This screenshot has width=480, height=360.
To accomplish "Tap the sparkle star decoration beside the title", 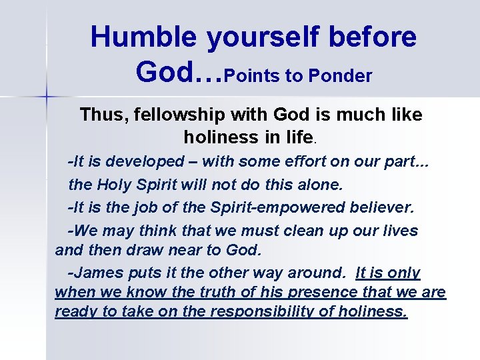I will (x=46, y=97).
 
